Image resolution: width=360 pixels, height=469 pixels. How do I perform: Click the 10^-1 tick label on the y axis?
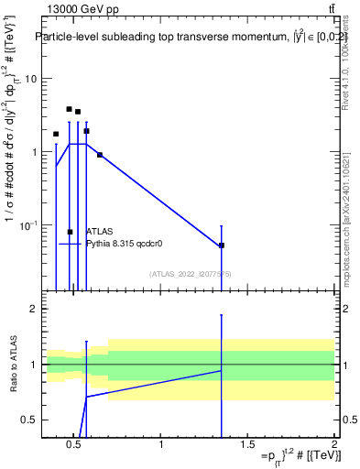[26, 225]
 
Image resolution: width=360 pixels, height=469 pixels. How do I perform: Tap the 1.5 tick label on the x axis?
[247, 446]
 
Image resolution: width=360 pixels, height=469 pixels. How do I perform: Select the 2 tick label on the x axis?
[334, 446]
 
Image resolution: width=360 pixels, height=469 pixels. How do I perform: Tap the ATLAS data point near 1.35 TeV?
[222, 245]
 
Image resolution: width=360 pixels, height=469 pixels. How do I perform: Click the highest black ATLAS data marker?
[69, 109]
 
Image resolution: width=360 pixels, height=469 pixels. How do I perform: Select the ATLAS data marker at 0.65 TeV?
[100, 155]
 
